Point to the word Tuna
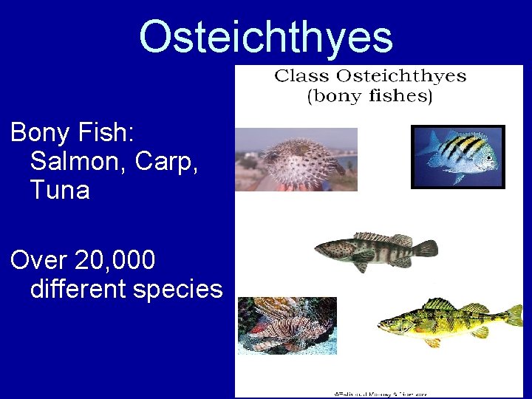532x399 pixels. click(60, 190)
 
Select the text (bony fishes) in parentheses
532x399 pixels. click(369, 97)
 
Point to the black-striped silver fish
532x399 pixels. click(457, 157)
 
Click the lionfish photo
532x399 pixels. click(287, 325)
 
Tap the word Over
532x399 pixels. click(35, 260)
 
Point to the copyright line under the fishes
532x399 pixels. click(380, 394)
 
